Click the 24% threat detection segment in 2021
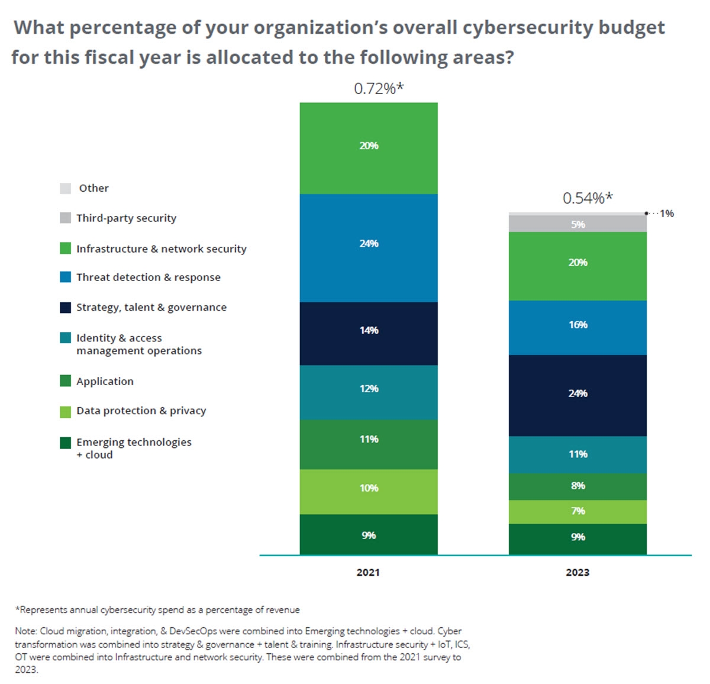coord(369,248)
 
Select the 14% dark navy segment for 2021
coord(369,333)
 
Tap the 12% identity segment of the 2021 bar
coord(369,392)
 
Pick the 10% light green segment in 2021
coord(369,491)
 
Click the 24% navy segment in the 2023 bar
coord(577,395)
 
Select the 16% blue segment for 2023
coord(577,327)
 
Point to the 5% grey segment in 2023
coord(577,224)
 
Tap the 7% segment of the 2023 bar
coord(577,511)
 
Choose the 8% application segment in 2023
coord(577,486)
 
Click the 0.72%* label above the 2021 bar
coord(379,89)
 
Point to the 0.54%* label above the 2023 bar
coord(588,198)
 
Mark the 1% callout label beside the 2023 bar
coord(667,214)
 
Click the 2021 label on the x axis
coord(368,572)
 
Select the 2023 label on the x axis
coord(577,572)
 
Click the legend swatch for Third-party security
coord(66,218)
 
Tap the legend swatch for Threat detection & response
coord(66,277)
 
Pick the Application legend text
coord(105,382)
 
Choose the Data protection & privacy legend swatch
coord(66,411)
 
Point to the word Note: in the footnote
coord(26,631)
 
